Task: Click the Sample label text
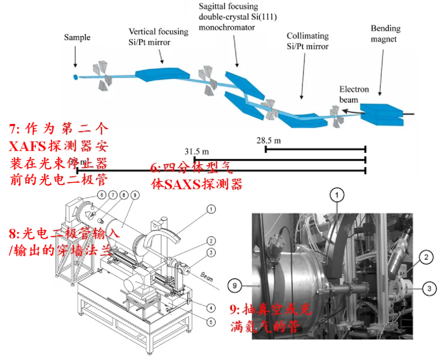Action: [x=77, y=38]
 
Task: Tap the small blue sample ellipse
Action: [x=75, y=76]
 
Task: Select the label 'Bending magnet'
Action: [x=385, y=34]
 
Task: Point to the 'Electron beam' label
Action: [x=354, y=94]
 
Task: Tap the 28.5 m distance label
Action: [x=269, y=140]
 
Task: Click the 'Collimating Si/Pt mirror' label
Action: [x=308, y=41]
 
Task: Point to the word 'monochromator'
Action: [x=226, y=28]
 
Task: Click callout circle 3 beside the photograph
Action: [x=429, y=289]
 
